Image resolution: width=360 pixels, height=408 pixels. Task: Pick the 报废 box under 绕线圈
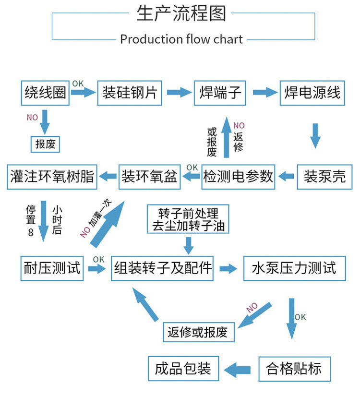click(x=46, y=144)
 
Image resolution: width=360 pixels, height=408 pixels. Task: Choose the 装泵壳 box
click(x=324, y=177)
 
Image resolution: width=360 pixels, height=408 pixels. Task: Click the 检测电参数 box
click(x=239, y=177)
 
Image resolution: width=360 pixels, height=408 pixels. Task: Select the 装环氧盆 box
click(x=149, y=177)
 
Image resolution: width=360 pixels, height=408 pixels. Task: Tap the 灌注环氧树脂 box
click(x=52, y=177)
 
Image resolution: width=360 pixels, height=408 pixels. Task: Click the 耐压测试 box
click(x=52, y=268)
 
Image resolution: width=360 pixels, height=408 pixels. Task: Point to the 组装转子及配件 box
click(x=163, y=268)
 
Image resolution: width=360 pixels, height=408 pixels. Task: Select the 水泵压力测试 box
click(x=294, y=268)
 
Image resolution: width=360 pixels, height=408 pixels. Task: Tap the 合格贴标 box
click(x=293, y=369)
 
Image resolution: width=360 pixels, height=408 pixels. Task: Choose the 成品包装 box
click(x=183, y=369)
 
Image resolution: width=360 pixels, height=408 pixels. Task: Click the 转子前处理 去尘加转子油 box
click(x=188, y=220)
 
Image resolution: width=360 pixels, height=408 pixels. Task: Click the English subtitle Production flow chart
click(x=181, y=39)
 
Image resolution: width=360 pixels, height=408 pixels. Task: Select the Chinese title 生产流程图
click(x=181, y=13)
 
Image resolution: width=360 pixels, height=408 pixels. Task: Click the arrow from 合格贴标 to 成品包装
click(x=239, y=369)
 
